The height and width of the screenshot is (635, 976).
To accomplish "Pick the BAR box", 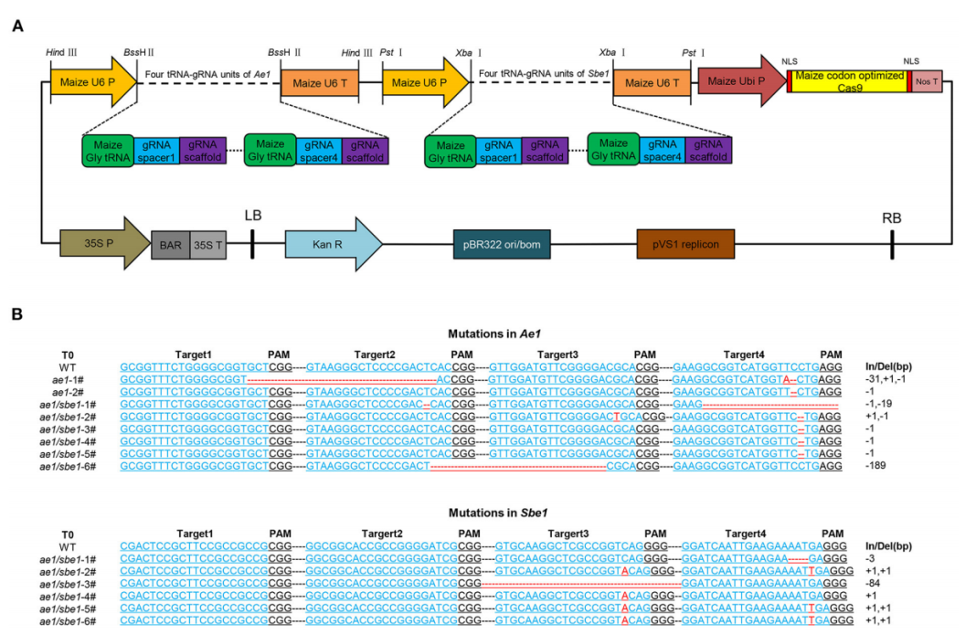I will [170, 245].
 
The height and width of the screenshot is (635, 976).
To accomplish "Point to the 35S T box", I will [207, 245].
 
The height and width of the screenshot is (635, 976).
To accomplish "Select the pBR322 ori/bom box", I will [502, 244].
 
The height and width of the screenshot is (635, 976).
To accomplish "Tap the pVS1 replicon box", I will [685, 244].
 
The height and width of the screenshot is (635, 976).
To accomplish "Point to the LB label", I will [253, 216].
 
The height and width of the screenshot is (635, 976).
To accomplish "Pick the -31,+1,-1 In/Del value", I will [886, 377].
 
